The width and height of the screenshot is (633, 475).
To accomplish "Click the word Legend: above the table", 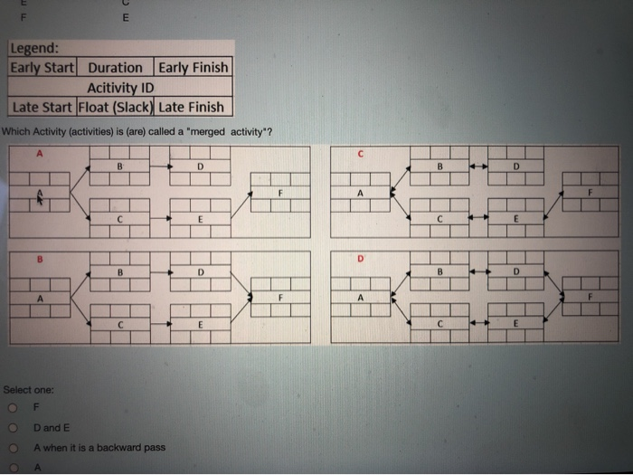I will coord(35,50).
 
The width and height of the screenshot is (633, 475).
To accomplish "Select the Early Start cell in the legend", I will coord(43,68).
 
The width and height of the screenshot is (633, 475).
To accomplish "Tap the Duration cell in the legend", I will coord(116,68).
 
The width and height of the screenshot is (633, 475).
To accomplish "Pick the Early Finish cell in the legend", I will coord(194,68).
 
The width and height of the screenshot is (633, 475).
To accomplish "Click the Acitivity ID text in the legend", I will coord(120,88).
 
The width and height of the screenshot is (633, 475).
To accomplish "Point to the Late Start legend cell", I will coord(43,107).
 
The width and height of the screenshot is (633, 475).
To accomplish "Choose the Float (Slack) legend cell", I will coord(117,107).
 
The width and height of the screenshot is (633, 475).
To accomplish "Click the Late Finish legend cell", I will coord(192,107).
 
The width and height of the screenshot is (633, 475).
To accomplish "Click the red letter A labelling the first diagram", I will coord(39,154).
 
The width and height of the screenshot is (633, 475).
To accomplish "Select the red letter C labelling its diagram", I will coord(360,154).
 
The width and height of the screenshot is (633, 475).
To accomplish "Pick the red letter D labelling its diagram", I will coord(360,259).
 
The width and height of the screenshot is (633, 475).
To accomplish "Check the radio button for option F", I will coord(13,408).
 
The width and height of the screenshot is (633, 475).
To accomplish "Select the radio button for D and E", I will coord(13,428).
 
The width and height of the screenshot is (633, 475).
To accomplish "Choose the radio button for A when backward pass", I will coord(13,448).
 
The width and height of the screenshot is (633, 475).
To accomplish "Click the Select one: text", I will coord(29,390).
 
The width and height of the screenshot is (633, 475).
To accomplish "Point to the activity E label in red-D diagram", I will coord(515,324).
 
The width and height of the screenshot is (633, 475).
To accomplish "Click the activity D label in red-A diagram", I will coord(200,167).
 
